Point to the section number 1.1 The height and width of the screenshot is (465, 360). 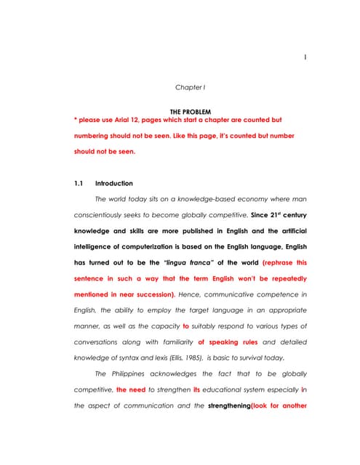[x=80, y=183]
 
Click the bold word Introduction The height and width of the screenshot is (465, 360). [x=114, y=183]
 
